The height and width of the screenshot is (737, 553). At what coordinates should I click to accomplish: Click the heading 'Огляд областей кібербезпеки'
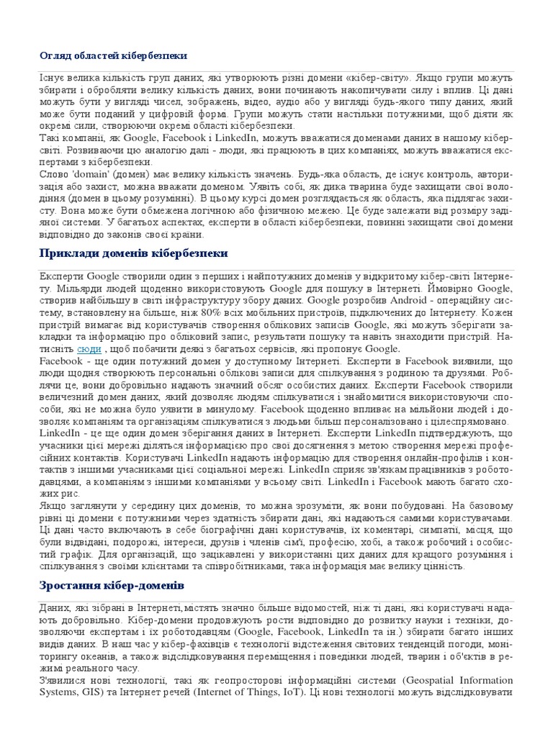click(113, 55)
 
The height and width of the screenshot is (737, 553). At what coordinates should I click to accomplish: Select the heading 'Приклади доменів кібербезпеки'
click(133, 253)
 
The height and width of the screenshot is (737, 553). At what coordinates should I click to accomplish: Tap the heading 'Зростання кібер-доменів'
click(112, 584)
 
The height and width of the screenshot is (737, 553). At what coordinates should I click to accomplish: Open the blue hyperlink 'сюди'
click(89, 349)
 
